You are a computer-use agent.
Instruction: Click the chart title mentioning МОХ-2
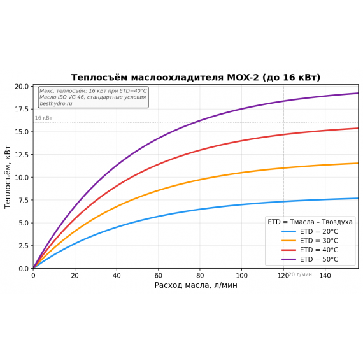(x=196, y=78)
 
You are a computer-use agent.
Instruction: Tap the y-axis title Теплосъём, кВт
(x=8, y=177)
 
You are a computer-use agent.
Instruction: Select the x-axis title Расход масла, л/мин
(x=196, y=285)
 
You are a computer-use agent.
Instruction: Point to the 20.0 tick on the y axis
(x=22, y=87)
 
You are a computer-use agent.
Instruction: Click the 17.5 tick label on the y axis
(x=22, y=110)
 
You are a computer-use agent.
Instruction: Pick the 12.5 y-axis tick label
(x=22, y=155)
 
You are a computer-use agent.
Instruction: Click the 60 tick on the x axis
(x=158, y=275)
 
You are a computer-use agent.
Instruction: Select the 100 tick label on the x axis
(x=241, y=275)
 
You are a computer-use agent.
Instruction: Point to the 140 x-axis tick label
(x=325, y=275)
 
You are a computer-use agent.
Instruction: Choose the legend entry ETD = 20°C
(x=318, y=232)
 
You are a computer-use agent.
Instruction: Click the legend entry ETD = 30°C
(x=318, y=241)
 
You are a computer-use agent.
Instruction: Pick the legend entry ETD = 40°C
(x=318, y=250)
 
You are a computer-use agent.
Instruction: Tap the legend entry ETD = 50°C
(x=318, y=259)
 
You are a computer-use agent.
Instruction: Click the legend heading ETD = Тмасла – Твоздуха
(x=310, y=222)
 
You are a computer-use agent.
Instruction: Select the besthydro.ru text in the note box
(x=56, y=103)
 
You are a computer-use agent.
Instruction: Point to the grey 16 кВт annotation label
(x=43, y=118)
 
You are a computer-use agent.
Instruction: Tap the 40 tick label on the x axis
(x=117, y=275)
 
